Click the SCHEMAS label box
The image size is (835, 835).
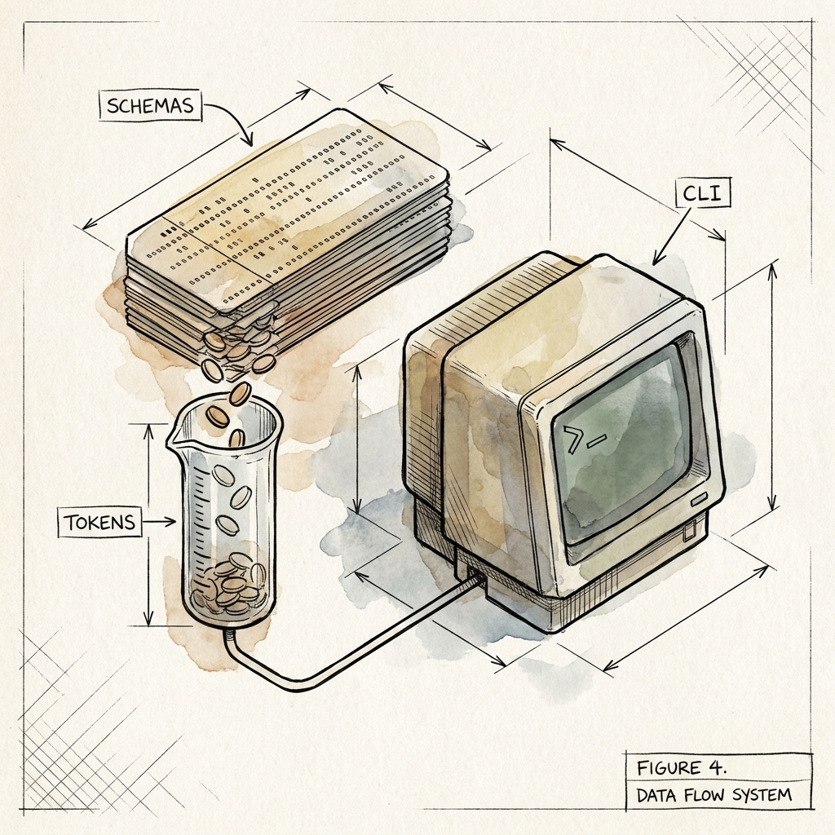[150, 105]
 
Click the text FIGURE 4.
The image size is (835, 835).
[682, 767]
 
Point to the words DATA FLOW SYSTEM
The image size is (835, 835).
[714, 796]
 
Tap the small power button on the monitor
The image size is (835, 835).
[699, 501]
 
